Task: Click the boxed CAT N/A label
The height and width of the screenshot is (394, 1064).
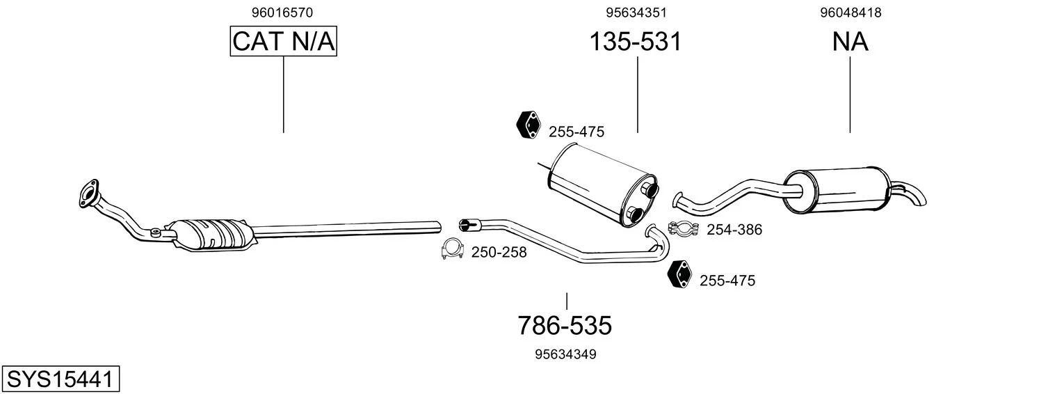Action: point(284,41)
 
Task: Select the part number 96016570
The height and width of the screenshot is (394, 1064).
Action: point(282,13)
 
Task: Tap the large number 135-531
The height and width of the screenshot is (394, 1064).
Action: point(636,41)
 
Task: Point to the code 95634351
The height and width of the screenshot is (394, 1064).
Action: point(636,13)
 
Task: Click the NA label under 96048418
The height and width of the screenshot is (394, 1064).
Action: point(851,41)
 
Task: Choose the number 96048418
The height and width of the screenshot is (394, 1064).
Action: point(851,13)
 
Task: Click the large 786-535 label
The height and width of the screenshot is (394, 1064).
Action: point(565,326)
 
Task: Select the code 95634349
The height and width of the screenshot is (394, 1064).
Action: point(565,354)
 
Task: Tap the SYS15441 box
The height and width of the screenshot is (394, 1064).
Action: point(61,379)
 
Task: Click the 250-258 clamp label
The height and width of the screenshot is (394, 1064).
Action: point(499,253)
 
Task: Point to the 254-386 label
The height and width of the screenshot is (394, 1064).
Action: point(734,230)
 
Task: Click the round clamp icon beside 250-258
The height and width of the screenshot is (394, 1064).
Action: point(452,249)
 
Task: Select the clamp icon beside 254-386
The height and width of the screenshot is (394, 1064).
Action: point(684,228)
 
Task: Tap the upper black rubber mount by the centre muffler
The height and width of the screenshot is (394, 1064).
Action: point(529,125)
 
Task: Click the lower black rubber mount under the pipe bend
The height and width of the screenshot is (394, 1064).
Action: point(679,274)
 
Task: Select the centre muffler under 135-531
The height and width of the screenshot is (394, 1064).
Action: point(602,185)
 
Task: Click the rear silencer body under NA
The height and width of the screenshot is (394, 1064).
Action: point(836,191)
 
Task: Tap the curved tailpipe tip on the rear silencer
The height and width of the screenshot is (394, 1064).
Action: point(914,194)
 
